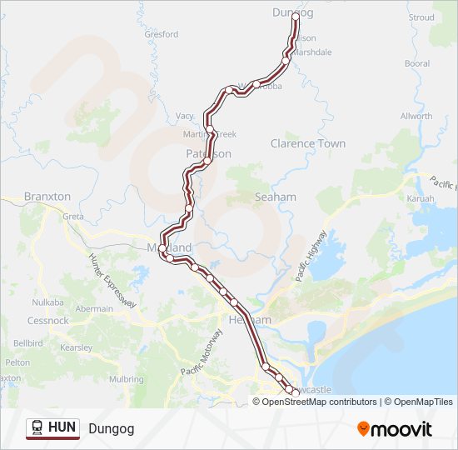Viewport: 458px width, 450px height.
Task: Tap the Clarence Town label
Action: coord(307,143)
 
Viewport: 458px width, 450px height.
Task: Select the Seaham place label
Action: coord(276,197)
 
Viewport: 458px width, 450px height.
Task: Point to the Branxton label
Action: coord(47,196)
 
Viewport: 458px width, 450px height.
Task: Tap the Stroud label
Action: coord(421,17)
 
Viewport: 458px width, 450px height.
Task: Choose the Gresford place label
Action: coord(162,34)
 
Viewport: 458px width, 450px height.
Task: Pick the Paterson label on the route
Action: coord(208,154)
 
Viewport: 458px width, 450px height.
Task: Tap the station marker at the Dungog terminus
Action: coord(296,16)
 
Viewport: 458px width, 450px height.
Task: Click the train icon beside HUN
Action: coord(37,428)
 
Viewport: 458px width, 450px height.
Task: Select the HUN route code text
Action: coord(62,428)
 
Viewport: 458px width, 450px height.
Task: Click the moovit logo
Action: coord(395,428)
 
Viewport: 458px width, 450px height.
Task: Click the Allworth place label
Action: coord(416,116)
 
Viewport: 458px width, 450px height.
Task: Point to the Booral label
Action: coord(417,63)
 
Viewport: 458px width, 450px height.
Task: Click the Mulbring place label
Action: coord(127,378)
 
